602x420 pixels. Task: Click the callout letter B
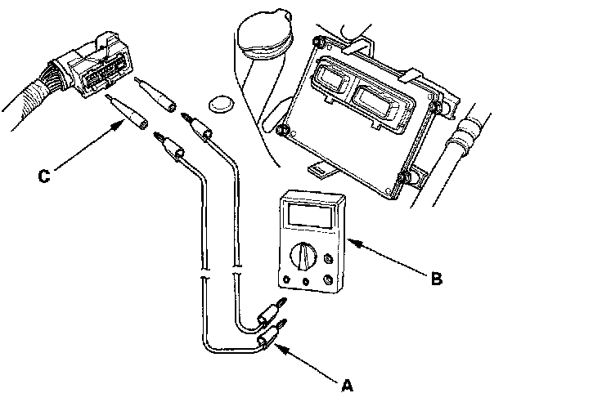(x=436, y=278)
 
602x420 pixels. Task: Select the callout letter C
(x=47, y=174)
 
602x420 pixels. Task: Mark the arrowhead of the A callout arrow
(x=278, y=346)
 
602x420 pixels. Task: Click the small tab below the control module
(x=320, y=171)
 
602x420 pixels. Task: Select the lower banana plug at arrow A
(x=267, y=338)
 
